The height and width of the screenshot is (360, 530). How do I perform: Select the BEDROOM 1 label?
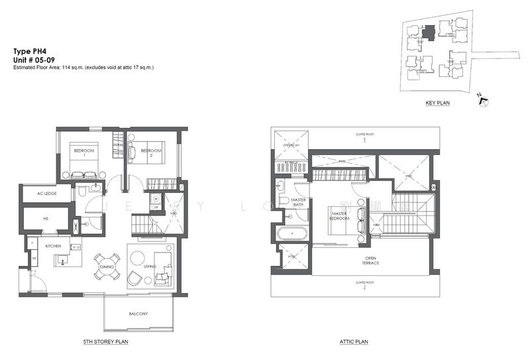(83, 152)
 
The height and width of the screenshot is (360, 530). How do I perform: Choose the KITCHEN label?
(54, 246)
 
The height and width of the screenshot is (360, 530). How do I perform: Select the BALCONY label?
(138, 313)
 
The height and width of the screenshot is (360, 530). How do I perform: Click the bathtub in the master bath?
(291, 233)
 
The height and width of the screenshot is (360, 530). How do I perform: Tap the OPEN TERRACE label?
(370, 261)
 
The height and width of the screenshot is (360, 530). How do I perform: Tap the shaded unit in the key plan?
(429, 31)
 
